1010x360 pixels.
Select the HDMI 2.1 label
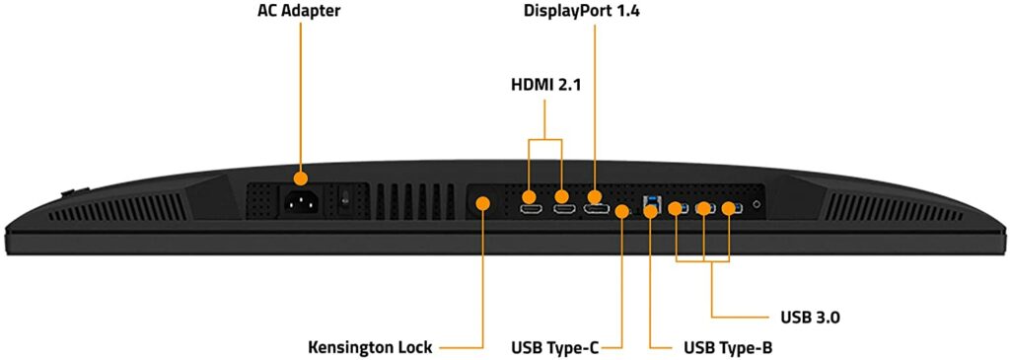point(545,85)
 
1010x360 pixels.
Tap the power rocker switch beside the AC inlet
point(344,199)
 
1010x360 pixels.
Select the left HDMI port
point(530,210)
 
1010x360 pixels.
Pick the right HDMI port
point(563,210)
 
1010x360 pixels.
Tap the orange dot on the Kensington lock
point(483,203)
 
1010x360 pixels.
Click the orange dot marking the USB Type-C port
point(621,210)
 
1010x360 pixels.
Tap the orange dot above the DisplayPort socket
point(596,197)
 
